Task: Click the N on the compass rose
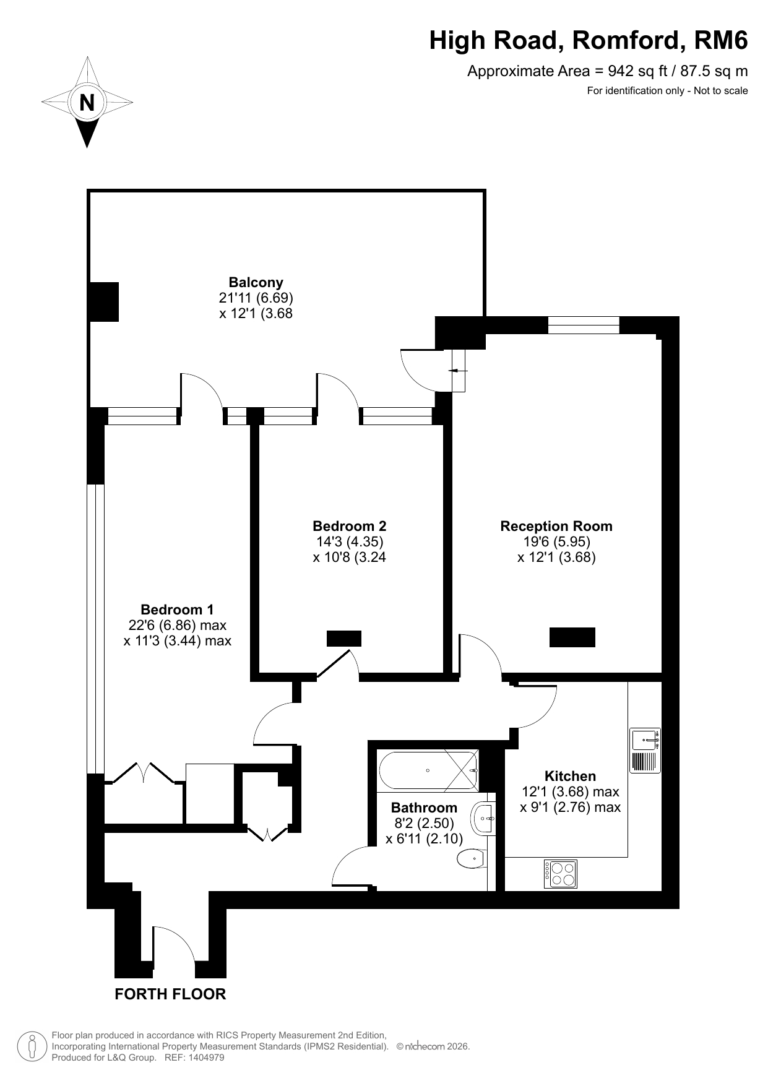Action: [87, 102]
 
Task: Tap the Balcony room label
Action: [256, 282]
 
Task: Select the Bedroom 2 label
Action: [350, 526]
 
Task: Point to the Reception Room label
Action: [556, 526]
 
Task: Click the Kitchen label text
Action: [570, 776]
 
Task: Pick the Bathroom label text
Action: [424, 808]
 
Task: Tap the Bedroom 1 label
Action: [177, 610]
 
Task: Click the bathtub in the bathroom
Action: [428, 771]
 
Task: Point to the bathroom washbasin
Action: [484, 819]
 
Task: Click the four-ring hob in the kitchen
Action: [561, 874]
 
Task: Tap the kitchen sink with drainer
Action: [645, 751]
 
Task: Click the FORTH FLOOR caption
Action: [171, 994]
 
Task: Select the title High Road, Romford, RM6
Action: [589, 41]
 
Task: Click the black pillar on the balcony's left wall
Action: [104, 301]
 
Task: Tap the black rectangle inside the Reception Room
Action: [572, 637]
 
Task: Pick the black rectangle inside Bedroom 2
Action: [343, 639]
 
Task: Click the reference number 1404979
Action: [204, 1058]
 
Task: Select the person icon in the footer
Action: [31, 1046]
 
